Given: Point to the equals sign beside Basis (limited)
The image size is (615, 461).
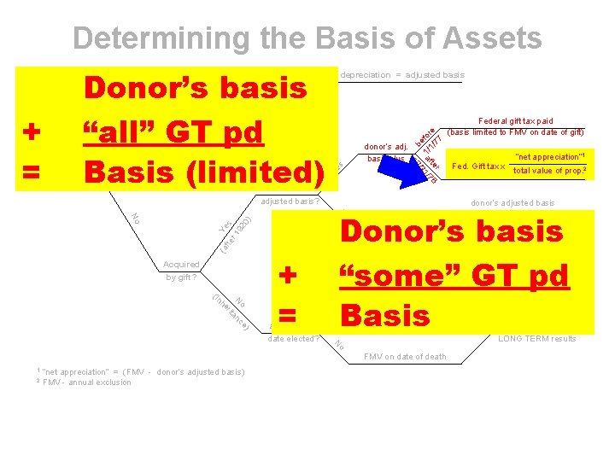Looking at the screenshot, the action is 31,172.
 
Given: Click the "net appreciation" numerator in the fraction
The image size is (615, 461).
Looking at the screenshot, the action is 549,155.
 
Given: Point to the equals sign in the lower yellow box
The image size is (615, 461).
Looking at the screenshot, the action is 289,317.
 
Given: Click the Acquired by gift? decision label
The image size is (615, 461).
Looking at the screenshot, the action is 181,271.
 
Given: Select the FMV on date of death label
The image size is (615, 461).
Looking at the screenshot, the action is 405,357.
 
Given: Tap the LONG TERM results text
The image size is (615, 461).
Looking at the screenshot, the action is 537,339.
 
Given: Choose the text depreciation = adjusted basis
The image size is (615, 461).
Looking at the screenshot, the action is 402,75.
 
